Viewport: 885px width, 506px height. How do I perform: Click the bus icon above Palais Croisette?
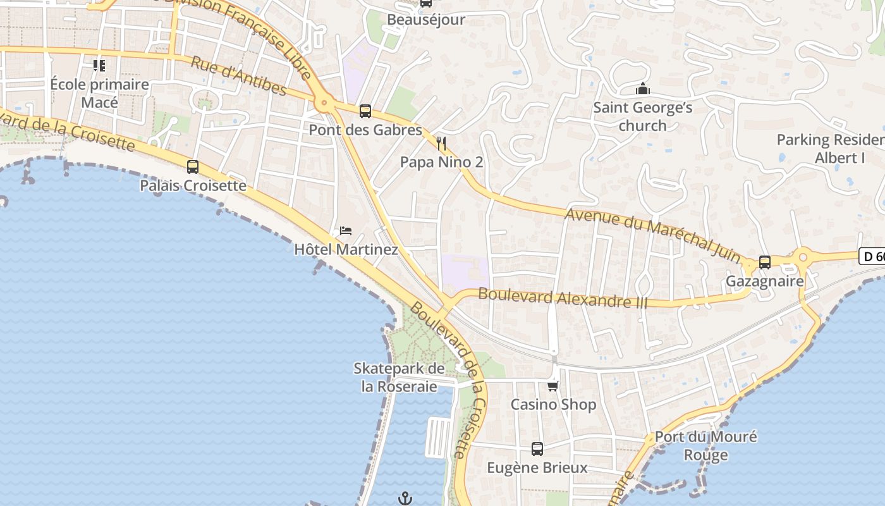193,167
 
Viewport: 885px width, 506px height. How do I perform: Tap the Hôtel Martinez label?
346,249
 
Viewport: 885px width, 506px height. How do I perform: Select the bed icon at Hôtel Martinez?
346,230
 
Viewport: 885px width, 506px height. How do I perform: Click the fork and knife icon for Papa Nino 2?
441,144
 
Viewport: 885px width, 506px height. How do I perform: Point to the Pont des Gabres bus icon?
365,111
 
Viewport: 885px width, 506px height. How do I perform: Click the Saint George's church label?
642,116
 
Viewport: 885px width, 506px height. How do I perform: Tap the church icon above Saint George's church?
643,89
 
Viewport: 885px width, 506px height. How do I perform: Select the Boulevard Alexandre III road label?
563,297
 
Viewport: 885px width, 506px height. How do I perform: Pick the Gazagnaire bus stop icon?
765,262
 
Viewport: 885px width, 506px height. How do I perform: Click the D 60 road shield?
872,256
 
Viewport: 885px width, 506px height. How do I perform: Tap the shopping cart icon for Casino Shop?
553,385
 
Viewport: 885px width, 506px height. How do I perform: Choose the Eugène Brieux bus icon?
537,449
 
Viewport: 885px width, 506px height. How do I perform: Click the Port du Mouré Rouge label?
705,445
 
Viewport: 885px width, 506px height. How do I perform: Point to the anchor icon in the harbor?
405,498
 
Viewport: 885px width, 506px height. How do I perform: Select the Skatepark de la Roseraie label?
400,377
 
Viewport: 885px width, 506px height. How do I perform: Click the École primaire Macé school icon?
99,65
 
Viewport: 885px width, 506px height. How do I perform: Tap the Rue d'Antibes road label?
238,76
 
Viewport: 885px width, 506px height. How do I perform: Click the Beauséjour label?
426,20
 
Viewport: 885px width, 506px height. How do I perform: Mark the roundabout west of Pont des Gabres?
324,102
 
